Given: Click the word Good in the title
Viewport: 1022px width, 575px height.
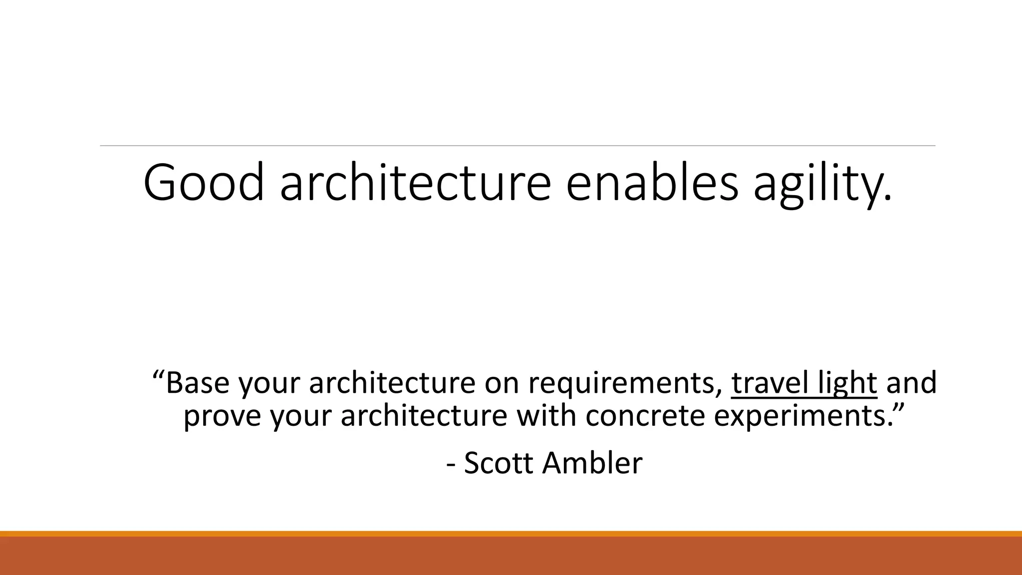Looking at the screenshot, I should click(203, 183).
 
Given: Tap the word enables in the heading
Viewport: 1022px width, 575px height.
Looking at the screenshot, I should click(652, 183).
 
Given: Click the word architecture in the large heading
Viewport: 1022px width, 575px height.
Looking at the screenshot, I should click(415, 183).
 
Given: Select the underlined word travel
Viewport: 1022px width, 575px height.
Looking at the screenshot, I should click(769, 383).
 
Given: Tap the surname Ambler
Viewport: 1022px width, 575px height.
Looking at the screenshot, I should click(592, 463).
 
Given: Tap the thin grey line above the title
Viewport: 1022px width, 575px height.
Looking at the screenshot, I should click(517, 146).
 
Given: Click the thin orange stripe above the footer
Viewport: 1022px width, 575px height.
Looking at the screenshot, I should click(511, 534).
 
